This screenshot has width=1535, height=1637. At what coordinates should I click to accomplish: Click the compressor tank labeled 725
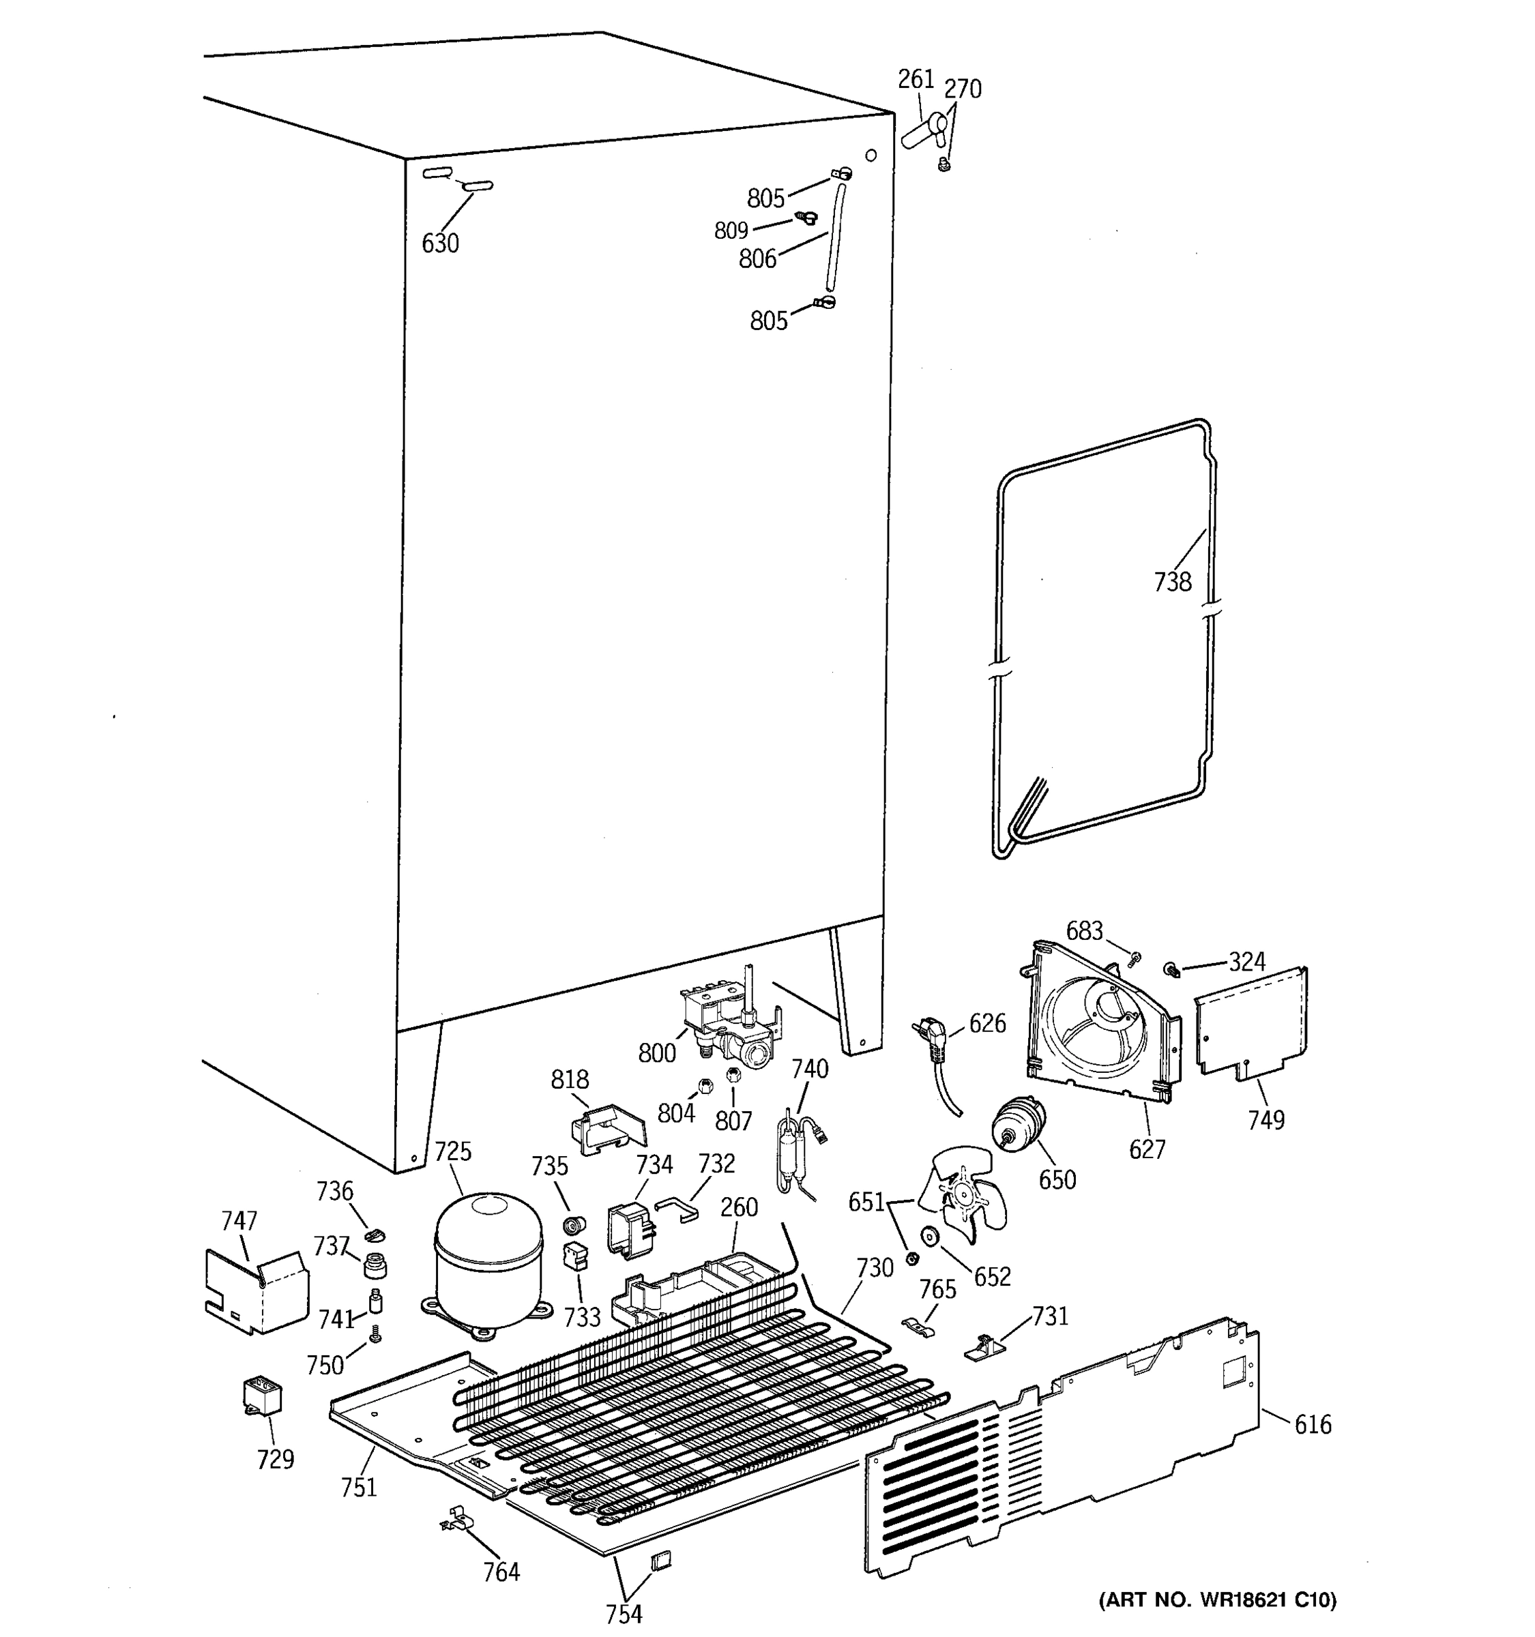[488, 1260]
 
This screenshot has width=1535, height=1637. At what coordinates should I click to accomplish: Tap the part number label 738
[1172, 582]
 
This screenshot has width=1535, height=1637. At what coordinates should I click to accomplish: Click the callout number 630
[440, 244]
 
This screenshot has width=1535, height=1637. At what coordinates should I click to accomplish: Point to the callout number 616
[1312, 1425]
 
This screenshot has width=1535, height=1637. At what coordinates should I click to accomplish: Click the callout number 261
[915, 79]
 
